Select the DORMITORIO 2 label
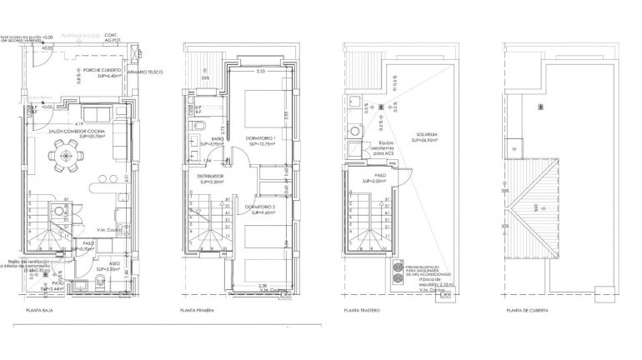[259, 209]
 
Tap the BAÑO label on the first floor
[217, 140]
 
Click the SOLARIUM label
[429, 136]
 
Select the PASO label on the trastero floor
[379, 177]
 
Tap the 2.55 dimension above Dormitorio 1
[261, 72]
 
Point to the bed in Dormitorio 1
[268, 107]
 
